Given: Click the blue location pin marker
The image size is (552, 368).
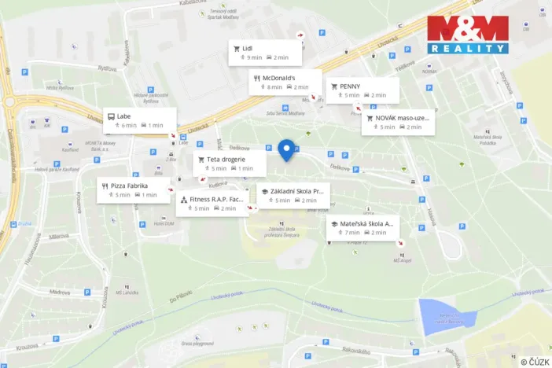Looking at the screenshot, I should [287, 149].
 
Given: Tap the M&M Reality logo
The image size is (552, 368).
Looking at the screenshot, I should [468, 35].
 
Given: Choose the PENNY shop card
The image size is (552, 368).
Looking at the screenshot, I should [363, 90].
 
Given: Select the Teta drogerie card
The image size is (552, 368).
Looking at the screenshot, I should [230, 163].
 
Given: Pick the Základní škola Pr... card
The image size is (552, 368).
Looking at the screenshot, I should [293, 195].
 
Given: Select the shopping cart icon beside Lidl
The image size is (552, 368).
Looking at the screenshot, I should [236, 48].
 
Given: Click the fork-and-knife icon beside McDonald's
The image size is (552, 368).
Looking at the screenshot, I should [257, 78].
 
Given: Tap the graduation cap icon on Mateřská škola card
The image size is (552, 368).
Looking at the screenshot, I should [334, 224].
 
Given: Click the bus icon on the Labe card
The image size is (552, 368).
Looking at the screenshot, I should [111, 116].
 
